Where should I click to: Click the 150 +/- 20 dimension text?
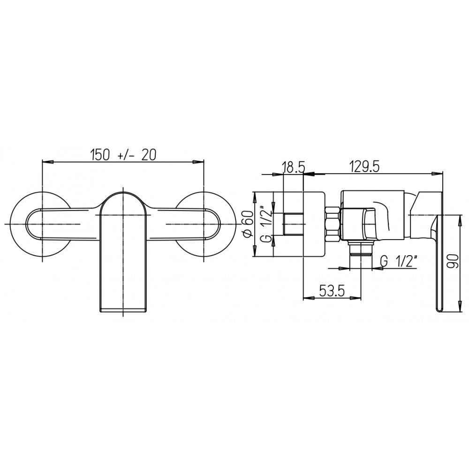(x=123, y=155)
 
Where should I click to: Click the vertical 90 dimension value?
(x=453, y=262)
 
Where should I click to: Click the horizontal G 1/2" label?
(x=399, y=262)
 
